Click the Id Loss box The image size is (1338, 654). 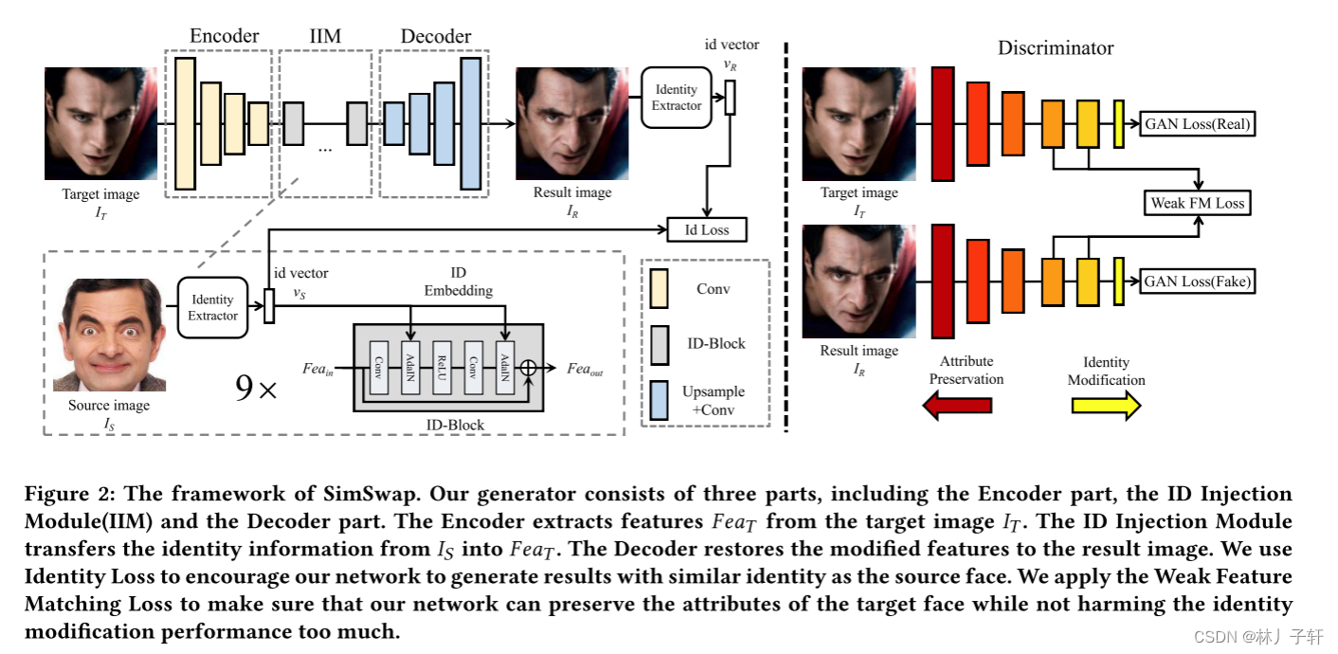[706, 229]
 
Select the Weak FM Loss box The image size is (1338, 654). [1197, 203]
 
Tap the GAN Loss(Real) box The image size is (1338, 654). [1198, 124]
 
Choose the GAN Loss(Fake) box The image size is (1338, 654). [1198, 282]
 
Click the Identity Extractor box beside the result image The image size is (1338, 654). [676, 98]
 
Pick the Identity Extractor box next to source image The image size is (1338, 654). [212, 307]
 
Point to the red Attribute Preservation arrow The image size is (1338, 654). [957, 406]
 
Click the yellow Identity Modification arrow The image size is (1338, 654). [1106, 406]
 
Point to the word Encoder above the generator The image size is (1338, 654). [225, 36]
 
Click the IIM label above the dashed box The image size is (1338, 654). [325, 36]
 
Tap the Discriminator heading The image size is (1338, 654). [1056, 47]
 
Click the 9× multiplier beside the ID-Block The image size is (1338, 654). [256, 389]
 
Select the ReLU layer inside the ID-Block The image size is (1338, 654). [441, 368]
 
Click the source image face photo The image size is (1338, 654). [109, 335]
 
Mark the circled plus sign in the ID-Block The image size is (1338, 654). [530, 368]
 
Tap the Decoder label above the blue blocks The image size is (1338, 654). [435, 36]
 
